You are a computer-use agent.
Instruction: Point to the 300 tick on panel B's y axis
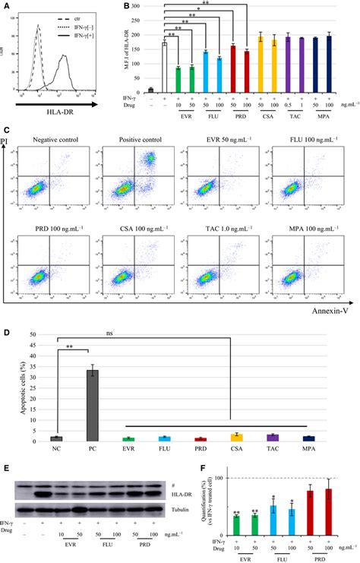tap(133, 6)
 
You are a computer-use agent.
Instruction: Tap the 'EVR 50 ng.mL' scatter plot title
tap(219, 140)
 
